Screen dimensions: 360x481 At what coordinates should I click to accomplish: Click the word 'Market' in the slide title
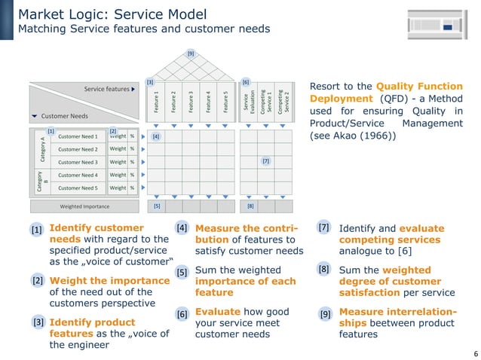[x=40, y=14]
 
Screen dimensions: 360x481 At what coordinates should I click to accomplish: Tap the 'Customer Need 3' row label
[x=78, y=162]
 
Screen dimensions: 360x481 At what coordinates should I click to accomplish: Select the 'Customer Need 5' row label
[x=78, y=188]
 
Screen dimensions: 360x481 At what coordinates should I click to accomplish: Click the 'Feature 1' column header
[x=156, y=101]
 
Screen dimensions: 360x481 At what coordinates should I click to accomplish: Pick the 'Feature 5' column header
[x=225, y=101]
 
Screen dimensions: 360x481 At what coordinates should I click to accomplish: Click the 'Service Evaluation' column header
[x=248, y=101]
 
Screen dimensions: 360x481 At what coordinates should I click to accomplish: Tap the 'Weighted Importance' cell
[x=84, y=206]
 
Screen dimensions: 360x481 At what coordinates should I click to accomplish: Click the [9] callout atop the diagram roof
[x=191, y=53]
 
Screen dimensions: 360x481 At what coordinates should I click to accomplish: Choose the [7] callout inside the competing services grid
[x=265, y=161]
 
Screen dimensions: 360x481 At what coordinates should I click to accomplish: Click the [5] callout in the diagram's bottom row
[x=157, y=206]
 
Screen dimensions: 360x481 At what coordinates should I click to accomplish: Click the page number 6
[x=475, y=353]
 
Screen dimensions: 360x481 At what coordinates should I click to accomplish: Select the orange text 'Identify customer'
[x=96, y=227]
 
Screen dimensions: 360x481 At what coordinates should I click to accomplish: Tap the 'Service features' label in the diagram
[x=106, y=89]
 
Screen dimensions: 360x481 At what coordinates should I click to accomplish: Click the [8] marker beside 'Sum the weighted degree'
[x=324, y=269]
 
